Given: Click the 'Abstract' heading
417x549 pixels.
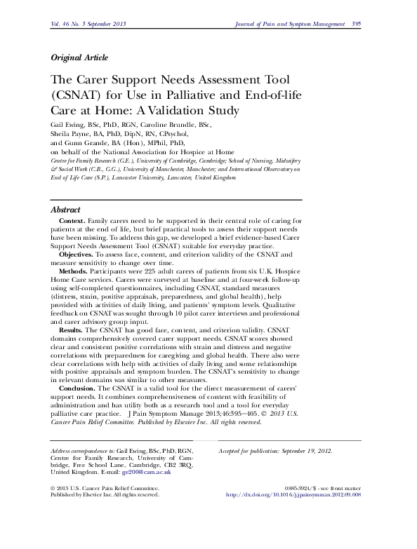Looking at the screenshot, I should [x=66, y=210].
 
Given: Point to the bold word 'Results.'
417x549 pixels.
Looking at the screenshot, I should [x=72, y=329].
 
